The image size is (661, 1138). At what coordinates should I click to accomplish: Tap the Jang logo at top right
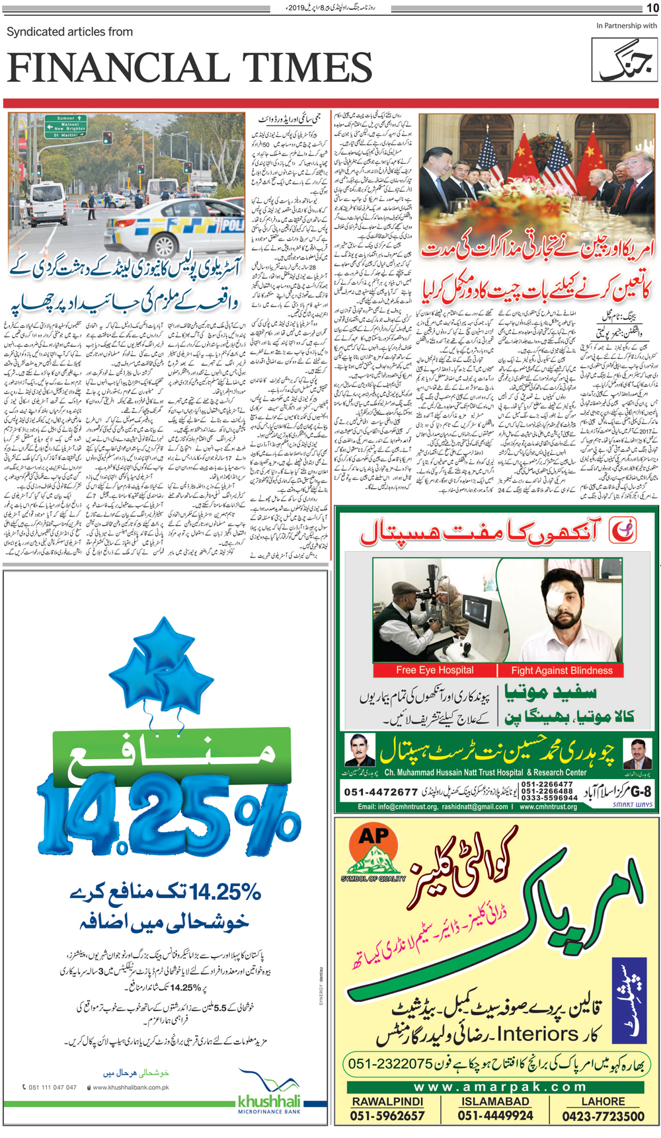[x=623, y=59]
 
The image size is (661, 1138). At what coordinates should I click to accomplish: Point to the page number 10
[x=652, y=8]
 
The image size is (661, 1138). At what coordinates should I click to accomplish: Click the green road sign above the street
[x=65, y=126]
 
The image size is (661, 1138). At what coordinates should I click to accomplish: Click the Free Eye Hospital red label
[x=434, y=670]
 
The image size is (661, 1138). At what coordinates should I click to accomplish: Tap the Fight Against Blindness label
[x=561, y=670]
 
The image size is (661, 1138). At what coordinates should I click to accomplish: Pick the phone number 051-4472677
[x=381, y=792]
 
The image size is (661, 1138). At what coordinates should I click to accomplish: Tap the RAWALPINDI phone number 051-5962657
[x=387, y=1116]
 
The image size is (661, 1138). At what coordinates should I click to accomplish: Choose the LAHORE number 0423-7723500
[x=603, y=1116]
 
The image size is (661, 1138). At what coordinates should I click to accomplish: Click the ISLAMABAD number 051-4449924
[x=495, y=1116]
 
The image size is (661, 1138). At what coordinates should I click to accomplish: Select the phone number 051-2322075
[x=390, y=1064]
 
